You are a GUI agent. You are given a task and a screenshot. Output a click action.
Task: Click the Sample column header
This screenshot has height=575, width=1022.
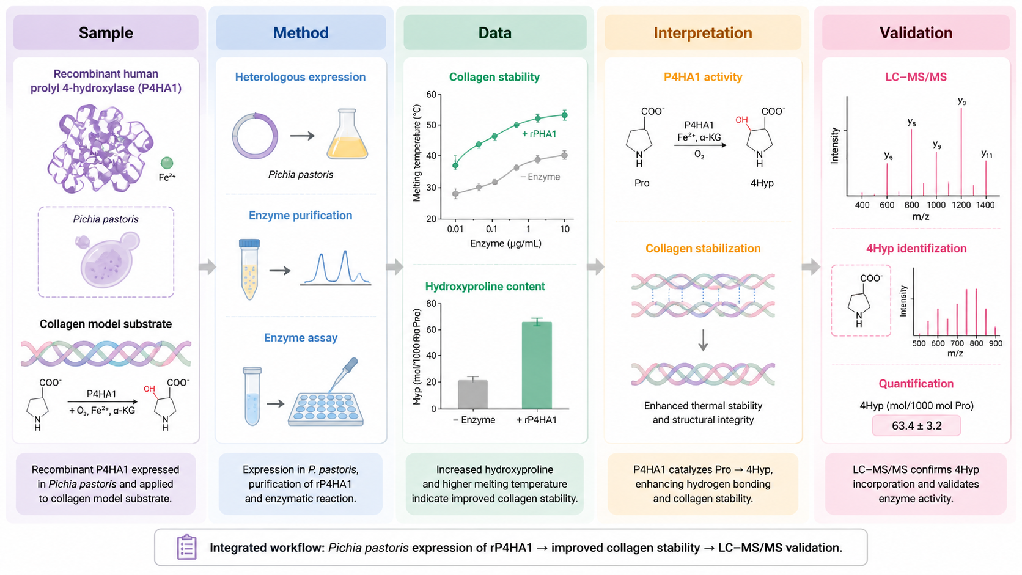106,33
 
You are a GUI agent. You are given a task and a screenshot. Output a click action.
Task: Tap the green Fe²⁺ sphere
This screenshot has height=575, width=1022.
167,163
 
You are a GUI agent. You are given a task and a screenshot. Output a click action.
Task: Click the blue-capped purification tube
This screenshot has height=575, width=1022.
249,269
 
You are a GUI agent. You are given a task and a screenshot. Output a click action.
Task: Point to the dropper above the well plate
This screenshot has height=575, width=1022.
343,374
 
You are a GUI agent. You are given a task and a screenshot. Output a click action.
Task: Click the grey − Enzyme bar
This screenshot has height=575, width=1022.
472,394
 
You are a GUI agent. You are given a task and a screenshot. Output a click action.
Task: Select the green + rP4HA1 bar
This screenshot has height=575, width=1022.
537,365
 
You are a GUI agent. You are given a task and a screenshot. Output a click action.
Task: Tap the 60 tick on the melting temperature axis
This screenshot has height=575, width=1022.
431,94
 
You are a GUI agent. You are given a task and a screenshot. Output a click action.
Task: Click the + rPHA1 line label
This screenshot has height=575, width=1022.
539,134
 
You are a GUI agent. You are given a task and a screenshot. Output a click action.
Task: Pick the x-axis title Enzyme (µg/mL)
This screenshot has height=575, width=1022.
505,243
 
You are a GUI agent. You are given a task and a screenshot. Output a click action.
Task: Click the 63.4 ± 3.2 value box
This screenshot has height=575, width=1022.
916,425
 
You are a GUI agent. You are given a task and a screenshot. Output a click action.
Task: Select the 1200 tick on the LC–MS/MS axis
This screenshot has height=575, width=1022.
961,205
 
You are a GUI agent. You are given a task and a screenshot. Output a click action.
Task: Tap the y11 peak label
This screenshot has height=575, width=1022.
987,154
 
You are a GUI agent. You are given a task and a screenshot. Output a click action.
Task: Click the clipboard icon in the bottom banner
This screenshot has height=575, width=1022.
186,547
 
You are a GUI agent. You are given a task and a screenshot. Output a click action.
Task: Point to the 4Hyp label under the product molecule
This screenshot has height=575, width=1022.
762,183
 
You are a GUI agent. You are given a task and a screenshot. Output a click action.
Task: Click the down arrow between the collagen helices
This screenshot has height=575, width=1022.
703,340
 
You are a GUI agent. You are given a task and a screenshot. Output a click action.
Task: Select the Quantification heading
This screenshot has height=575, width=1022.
916,384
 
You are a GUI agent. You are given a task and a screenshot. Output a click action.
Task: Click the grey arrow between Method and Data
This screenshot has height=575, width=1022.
395,267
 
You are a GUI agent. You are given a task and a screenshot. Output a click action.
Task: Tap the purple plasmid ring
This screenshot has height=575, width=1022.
255,136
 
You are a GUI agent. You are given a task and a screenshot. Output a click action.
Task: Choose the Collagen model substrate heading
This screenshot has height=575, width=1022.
106,324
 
